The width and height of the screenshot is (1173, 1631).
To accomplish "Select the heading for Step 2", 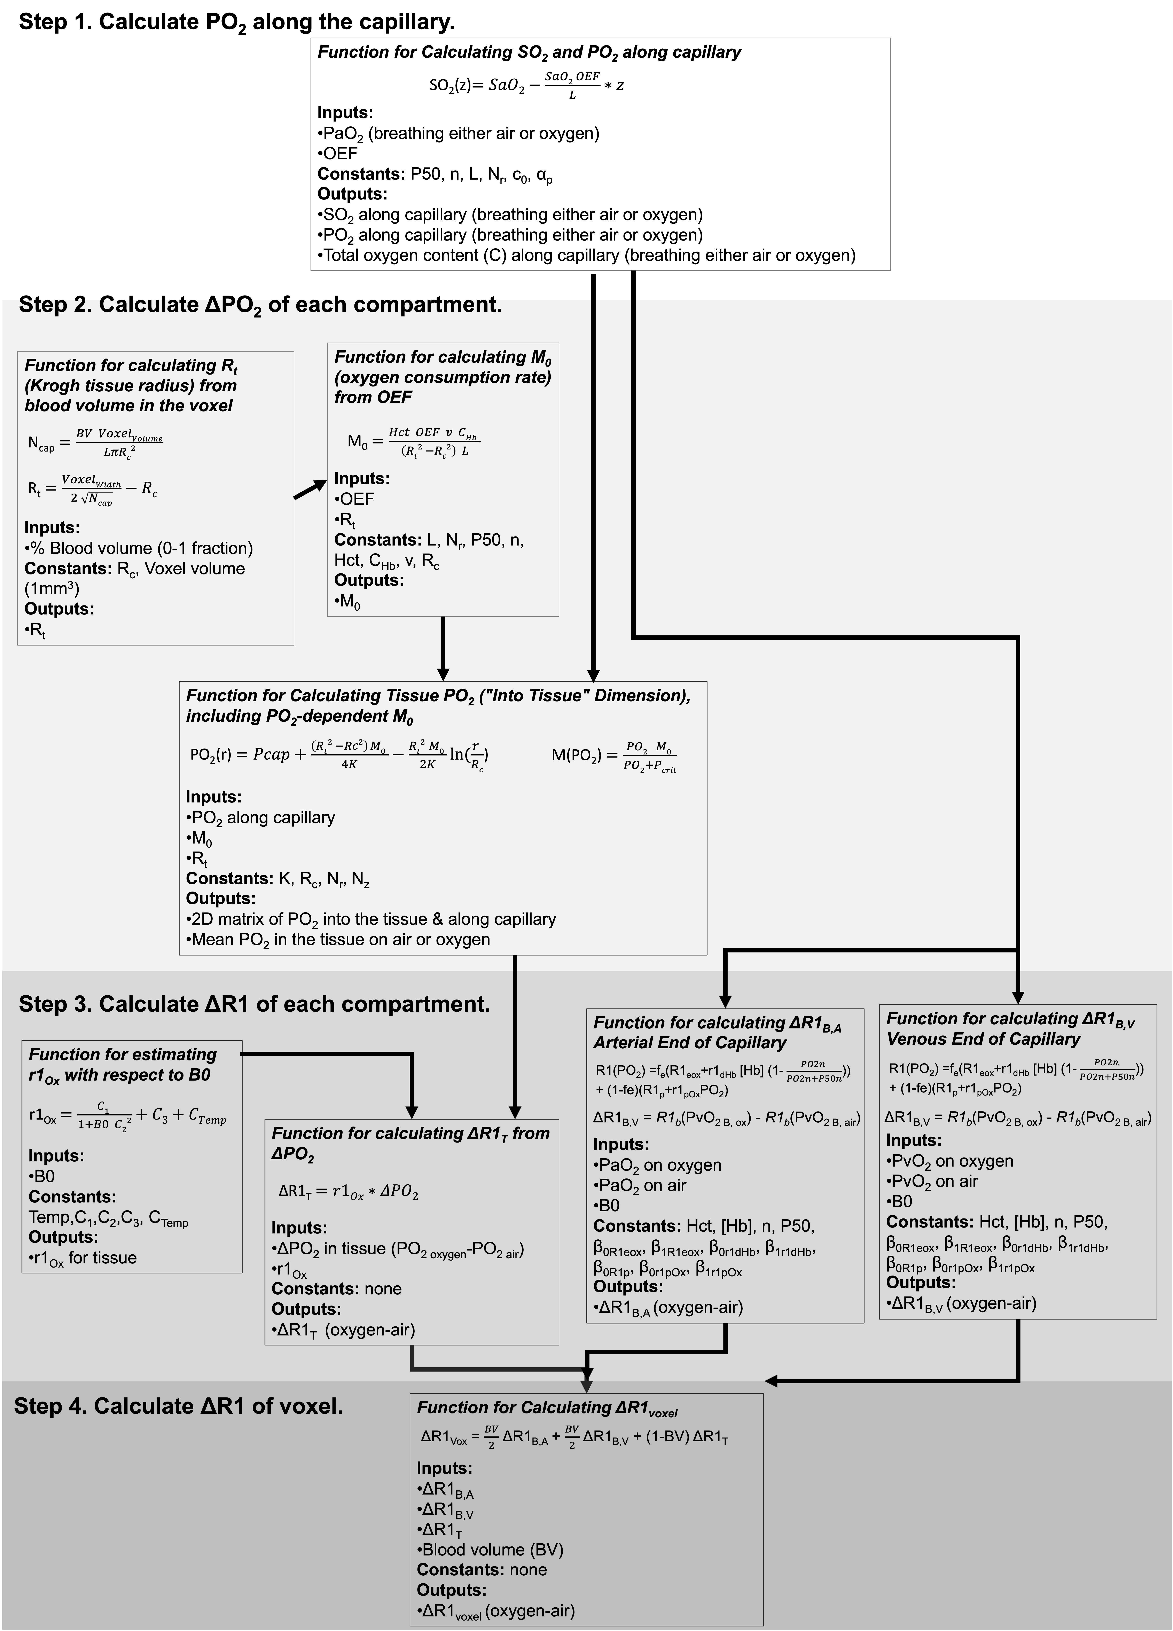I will (260, 305).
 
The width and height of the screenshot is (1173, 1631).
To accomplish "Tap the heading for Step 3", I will (255, 1004).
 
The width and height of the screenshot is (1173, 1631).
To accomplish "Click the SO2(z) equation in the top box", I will (526, 85).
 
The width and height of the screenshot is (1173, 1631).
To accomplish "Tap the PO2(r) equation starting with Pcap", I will (339, 755).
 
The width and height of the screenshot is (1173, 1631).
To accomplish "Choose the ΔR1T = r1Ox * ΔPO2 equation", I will (349, 1192).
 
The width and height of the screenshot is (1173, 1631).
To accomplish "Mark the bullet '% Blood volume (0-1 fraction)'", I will (139, 548).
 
